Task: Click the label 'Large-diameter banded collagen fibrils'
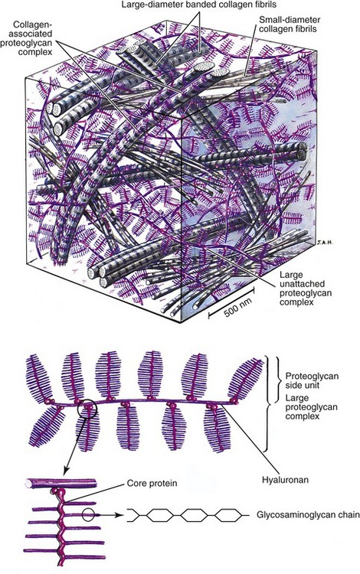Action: [200, 5]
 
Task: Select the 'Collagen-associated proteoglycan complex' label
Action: [32, 38]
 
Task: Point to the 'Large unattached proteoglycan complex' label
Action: [296, 289]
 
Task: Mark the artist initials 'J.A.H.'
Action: [325, 242]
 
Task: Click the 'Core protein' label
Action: [152, 484]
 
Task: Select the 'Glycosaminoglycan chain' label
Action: [308, 515]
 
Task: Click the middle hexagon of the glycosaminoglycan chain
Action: [194, 515]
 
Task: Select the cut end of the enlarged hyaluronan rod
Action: [28, 484]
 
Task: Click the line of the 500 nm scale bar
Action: [231, 301]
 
